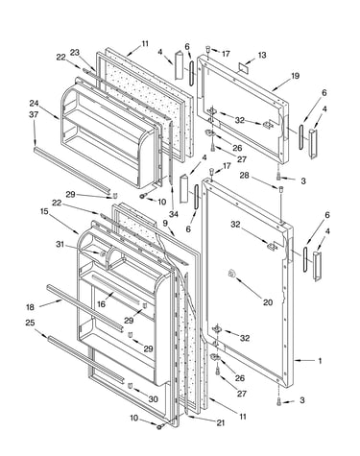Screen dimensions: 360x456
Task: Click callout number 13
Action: click(x=262, y=55)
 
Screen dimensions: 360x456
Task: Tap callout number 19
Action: click(x=295, y=76)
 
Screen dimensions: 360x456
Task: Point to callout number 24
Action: click(x=34, y=104)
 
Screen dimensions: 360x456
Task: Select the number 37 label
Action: click(x=34, y=114)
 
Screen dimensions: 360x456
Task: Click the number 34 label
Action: click(x=173, y=214)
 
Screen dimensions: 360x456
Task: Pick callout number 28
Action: click(x=244, y=176)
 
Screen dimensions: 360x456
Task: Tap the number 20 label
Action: click(x=268, y=302)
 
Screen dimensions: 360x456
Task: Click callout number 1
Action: click(x=320, y=361)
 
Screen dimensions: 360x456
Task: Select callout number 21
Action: click(x=220, y=422)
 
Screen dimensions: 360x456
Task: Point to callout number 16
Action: click(x=101, y=304)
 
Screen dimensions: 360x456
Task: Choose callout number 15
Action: click(x=44, y=211)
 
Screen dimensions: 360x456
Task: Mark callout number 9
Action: click(x=165, y=223)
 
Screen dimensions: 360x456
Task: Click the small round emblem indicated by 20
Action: click(x=231, y=274)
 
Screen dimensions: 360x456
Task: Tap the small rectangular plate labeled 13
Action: click(x=244, y=68)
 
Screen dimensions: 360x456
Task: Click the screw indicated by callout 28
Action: click(x=280, y=189)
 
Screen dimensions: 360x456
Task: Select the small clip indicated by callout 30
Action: click(x=130, y=386)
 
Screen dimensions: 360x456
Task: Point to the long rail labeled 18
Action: click(x=84, y=307)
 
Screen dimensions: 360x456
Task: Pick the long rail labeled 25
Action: click(x=85, y=359)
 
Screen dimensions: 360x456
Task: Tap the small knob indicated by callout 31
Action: click(x=103, y=253)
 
